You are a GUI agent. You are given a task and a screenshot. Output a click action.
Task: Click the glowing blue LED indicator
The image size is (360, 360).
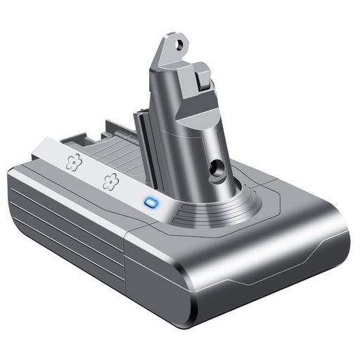click(x=148, y=203)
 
